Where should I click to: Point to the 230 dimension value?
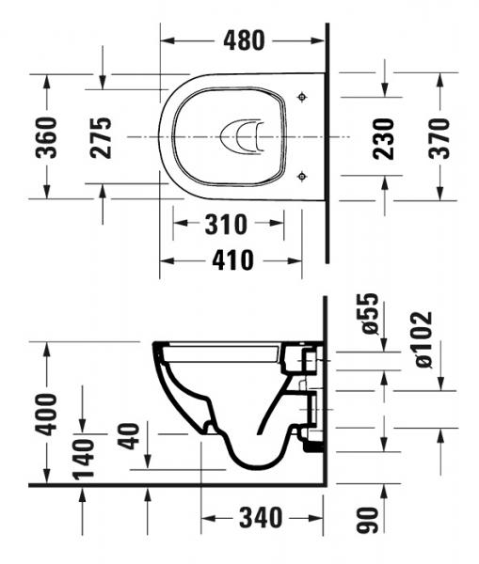pyautogui.click(x=383, y=137)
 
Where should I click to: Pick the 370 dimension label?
pyautogui.click(x=439, y=137)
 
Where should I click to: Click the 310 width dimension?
pyautogui.click(x=227, y=225)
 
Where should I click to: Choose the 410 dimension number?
pyautogui.click(x=233, y=260)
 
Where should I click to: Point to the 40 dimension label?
pyautogui.click(x=130, y=434)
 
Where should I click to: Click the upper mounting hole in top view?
pyautogui.click(x=301, y=97)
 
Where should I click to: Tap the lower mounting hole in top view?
pyautogui.click(x=301, y=175)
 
